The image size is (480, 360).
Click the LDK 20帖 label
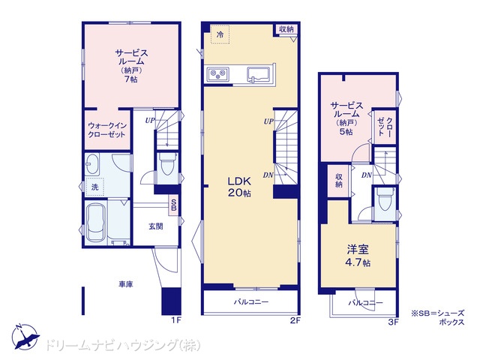239,187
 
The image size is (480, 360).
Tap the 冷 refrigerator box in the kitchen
220,34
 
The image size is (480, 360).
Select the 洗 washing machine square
95,187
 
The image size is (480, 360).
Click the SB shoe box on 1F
173,205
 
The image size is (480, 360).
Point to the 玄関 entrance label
156,226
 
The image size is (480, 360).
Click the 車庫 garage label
126,284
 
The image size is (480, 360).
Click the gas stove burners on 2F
217,73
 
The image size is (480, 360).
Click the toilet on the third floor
385,199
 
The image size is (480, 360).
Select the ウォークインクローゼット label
106,130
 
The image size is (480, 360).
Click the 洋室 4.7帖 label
358,256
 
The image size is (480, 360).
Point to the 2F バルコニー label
251,302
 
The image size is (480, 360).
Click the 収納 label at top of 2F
286,29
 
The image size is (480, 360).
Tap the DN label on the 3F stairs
367,175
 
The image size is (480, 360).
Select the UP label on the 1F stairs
150,121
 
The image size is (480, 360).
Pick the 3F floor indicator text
393,322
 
